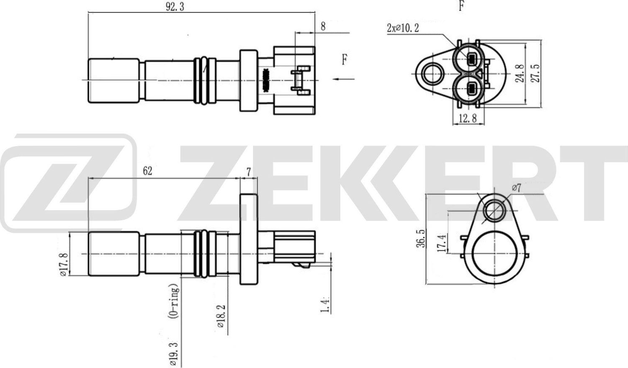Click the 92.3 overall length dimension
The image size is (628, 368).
(x=175, y=7)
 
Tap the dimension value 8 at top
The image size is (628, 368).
(x=323, y=26)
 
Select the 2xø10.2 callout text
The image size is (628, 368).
(x=403, y=28)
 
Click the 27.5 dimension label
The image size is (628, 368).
(x=535, y=73)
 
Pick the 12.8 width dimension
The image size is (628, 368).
(x=467, y=118)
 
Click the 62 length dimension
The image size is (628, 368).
(x=147, y=171)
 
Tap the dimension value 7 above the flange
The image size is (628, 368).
(x=249, y=172)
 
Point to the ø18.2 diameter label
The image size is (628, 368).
(x=221, y=316)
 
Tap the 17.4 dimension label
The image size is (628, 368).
(x=441, y=243)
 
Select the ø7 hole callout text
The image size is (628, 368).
(x=516, y=188)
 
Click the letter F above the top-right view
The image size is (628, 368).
(x=461, y=6)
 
